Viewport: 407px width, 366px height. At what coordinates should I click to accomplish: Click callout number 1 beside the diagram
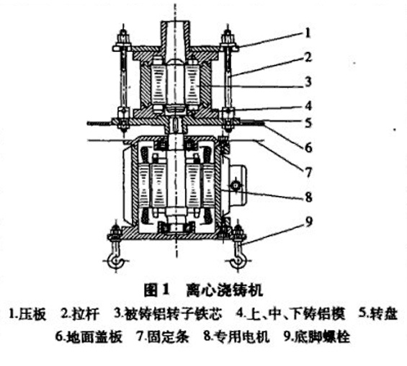coord(307,32)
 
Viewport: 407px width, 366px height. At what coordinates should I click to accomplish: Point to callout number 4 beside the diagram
coord(307,104)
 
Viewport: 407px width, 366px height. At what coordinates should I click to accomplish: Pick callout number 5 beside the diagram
coord(307,123)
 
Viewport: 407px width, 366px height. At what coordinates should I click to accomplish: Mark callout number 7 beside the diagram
coord(307,171)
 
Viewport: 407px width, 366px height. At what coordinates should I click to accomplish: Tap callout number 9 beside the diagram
coord(307,223)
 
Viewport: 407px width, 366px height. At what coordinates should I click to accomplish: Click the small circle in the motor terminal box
coord(236,185)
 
